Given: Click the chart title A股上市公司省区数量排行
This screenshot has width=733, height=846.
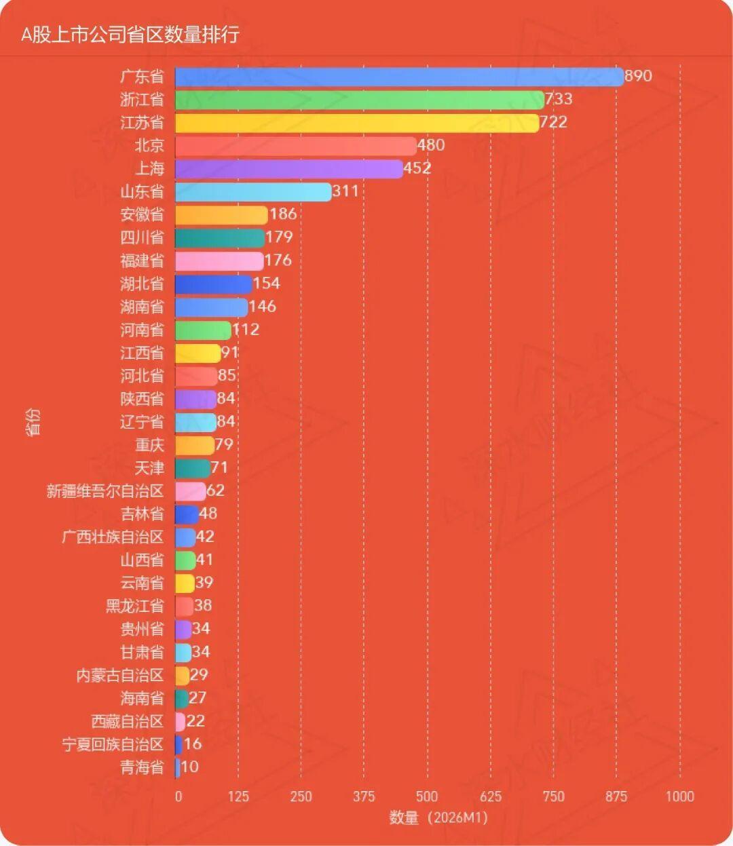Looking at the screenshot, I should click(130, 35).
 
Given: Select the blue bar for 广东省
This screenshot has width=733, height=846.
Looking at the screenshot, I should click(399, 77).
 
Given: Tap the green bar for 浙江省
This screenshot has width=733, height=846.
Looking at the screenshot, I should click(360, 100).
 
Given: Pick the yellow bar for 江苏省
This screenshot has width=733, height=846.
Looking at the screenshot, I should click(357, 123).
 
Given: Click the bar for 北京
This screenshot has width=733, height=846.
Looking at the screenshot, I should click(296, 146).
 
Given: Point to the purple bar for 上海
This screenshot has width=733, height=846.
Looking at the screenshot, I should click(289, 169).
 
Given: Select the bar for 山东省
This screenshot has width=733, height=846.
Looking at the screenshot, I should click(253, 192).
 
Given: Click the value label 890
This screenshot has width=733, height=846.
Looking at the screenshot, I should click(638, 75).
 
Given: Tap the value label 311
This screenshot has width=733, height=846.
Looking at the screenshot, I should click(345, 191).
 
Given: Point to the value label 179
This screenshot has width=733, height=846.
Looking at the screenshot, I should click(279, 237).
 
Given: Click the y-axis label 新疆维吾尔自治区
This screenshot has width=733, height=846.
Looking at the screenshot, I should click(105, 491).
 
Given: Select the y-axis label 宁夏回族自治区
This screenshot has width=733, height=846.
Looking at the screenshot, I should click(113, 744).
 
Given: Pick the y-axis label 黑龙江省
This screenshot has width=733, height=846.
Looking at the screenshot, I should click(134, 606).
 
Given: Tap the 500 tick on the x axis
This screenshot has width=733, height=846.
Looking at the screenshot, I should click(427, 796).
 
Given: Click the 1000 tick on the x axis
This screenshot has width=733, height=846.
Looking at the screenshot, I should click(679, 796).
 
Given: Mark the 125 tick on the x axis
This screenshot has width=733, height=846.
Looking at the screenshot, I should click(238, 796).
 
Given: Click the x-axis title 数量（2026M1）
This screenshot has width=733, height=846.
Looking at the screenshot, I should click(438, 818).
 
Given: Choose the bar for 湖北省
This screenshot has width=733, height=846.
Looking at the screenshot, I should click(213, 284).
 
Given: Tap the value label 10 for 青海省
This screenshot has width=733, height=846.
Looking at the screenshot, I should click(190, 767).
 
